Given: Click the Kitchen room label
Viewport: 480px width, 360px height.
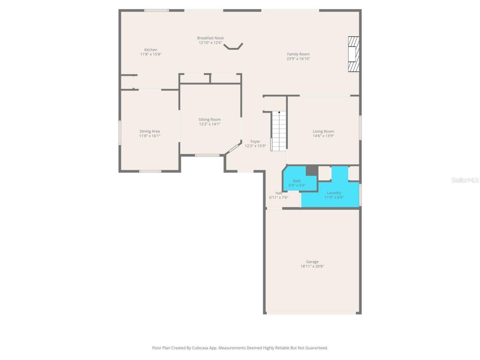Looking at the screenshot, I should coord(151,50).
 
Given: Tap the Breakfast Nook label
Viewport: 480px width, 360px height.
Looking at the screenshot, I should coord(210,38).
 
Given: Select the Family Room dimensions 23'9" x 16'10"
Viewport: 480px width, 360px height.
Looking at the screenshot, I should coord(298,59).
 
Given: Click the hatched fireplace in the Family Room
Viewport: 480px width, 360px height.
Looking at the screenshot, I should coord(353,54).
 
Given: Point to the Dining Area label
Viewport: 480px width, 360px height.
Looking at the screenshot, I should coord(150,131).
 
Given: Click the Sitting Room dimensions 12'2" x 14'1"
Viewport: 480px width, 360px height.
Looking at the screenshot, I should coord(210,124).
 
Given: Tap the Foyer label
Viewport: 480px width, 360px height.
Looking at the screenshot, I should coord(255,141).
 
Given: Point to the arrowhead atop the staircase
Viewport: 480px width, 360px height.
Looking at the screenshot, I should coord(279,112).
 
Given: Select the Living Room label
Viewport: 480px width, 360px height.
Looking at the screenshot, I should coord(323,131).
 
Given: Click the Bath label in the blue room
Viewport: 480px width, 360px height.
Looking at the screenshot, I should coord(297,181).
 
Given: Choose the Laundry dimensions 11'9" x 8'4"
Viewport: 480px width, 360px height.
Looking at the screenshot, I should coord(334,198).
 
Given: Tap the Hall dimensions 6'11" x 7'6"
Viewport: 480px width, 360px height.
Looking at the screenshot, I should coord(279,198).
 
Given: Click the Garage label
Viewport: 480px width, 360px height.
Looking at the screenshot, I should coord(312,262).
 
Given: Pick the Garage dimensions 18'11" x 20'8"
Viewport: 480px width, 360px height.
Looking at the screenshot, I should coord(312,267).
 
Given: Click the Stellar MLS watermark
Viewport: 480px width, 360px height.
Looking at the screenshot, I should coord(465,180).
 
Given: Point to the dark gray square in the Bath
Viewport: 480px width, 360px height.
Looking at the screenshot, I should coord(312,170).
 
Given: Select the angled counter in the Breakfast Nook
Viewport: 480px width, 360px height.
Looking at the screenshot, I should coord(233,46).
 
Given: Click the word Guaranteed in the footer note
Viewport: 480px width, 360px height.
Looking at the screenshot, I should coord(316,348).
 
